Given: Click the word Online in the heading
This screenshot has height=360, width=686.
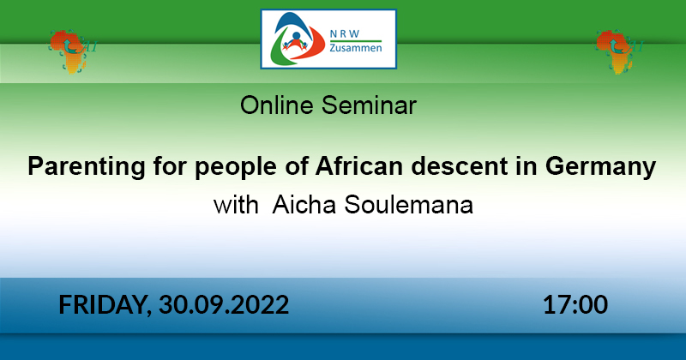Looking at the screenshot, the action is pyautogui.click(x=277, y=105).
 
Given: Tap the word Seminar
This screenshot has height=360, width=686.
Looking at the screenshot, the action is pyautogui.click(x=369, y=105).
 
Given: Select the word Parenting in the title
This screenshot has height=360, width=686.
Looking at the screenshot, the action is pyautogui.click(x=87, y=167).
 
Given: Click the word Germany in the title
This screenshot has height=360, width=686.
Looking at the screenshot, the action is pyautogui.click(x=601, y=167).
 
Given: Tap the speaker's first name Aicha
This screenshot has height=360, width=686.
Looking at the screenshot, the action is pyautogui.click(x=304, y=205).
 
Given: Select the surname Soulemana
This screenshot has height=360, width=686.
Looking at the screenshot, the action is pyautogui.click(x=409, y=205).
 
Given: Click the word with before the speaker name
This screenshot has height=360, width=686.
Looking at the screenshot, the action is pyautogui.click(x=236, y=205).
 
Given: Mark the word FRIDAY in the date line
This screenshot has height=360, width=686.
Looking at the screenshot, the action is pyautogui.click(x=105, y=305).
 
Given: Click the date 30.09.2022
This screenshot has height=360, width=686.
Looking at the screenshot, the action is pyautogui.click(x=224, y=305).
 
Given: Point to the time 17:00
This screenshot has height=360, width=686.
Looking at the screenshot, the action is pyautogui.click(x=575, y=305).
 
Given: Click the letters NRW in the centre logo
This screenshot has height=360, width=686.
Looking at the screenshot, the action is pyautogui.click(x=345, y=33).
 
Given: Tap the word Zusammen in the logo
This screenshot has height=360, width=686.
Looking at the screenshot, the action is pyautogui.click(x=356, y=48).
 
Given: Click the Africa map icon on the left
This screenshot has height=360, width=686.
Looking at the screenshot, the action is pyautogui.click(x=71, y=51).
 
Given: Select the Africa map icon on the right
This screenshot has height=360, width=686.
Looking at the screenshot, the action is pyautogui.click(x=617, y=51).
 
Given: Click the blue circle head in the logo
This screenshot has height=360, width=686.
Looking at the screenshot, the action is pyautogui.click(x=297, y=36).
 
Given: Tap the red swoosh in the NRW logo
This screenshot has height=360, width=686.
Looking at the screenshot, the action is pyautogui.click(x=313, y=44).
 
